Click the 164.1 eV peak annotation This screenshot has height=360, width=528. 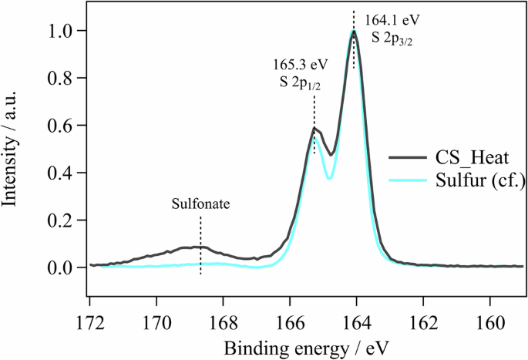(x=387, y=17)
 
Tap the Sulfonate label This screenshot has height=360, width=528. (x=200, y=205)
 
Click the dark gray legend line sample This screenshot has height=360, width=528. (x=405, y=157)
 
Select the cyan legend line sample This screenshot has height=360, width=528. (x=405, y=182)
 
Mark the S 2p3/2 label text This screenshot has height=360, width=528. (x=388, y=35)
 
